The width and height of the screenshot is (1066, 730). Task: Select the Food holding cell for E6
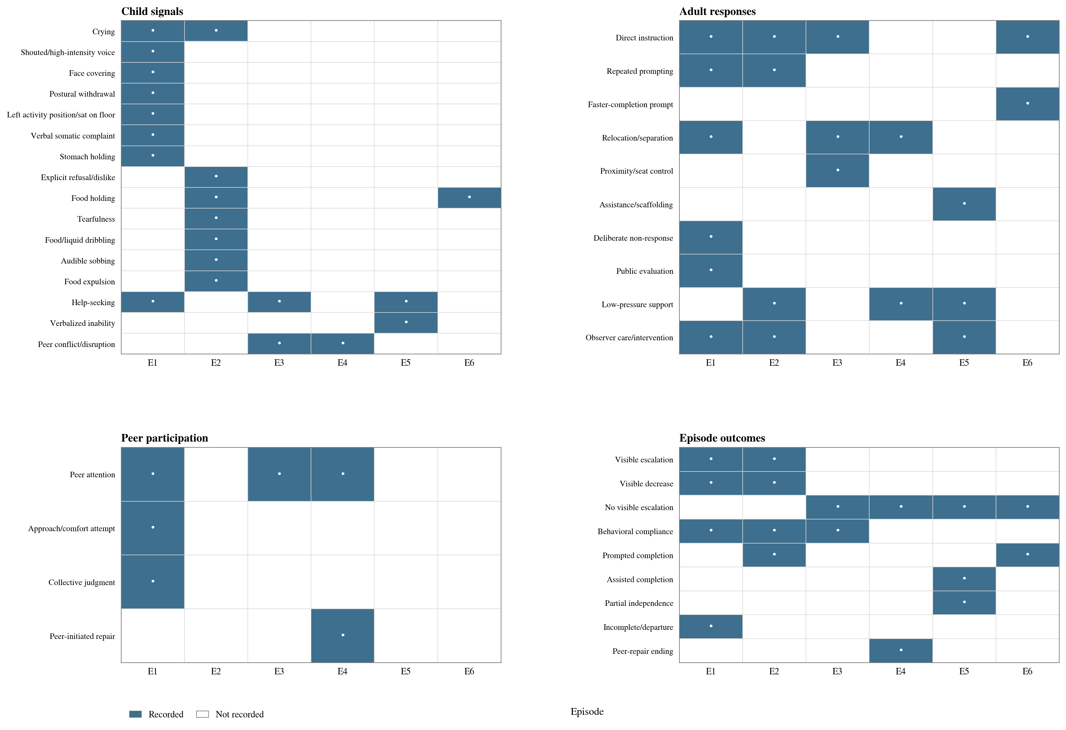coord(469,198)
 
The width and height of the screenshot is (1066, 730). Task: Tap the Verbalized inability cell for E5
coord(406,323)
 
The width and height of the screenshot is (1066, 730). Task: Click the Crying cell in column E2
coord(216,31)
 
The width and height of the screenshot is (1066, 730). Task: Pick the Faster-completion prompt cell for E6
coord(1027,104)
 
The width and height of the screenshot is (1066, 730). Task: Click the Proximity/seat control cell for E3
coord(838,171)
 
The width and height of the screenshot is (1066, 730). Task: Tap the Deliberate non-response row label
coord(633,238)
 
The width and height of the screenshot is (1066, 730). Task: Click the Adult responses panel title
coord(717,11)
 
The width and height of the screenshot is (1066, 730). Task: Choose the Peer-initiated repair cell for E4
coord(343,635)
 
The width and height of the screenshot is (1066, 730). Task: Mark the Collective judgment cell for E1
coord(153,582)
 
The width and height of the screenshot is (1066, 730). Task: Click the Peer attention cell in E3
coord(279,474)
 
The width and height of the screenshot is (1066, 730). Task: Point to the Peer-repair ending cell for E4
coord(901,651)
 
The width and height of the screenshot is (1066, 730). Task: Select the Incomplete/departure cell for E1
coord(711,626)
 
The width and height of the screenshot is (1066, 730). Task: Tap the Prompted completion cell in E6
coord(1027,555)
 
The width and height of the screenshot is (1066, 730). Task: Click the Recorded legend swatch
coord(135,714)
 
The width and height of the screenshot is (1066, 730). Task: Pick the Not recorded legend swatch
coord(202,714)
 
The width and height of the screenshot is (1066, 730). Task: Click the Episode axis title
coord(587,712)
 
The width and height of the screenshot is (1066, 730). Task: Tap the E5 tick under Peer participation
coord(406,671)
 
